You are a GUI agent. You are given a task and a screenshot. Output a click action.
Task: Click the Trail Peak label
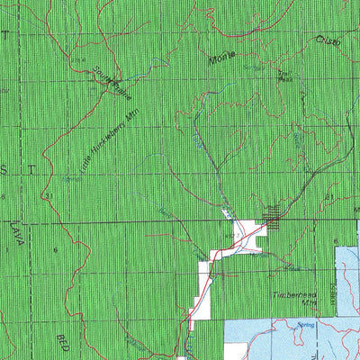coord(285,76)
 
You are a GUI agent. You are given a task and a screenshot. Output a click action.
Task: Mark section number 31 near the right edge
coord(329,196)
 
